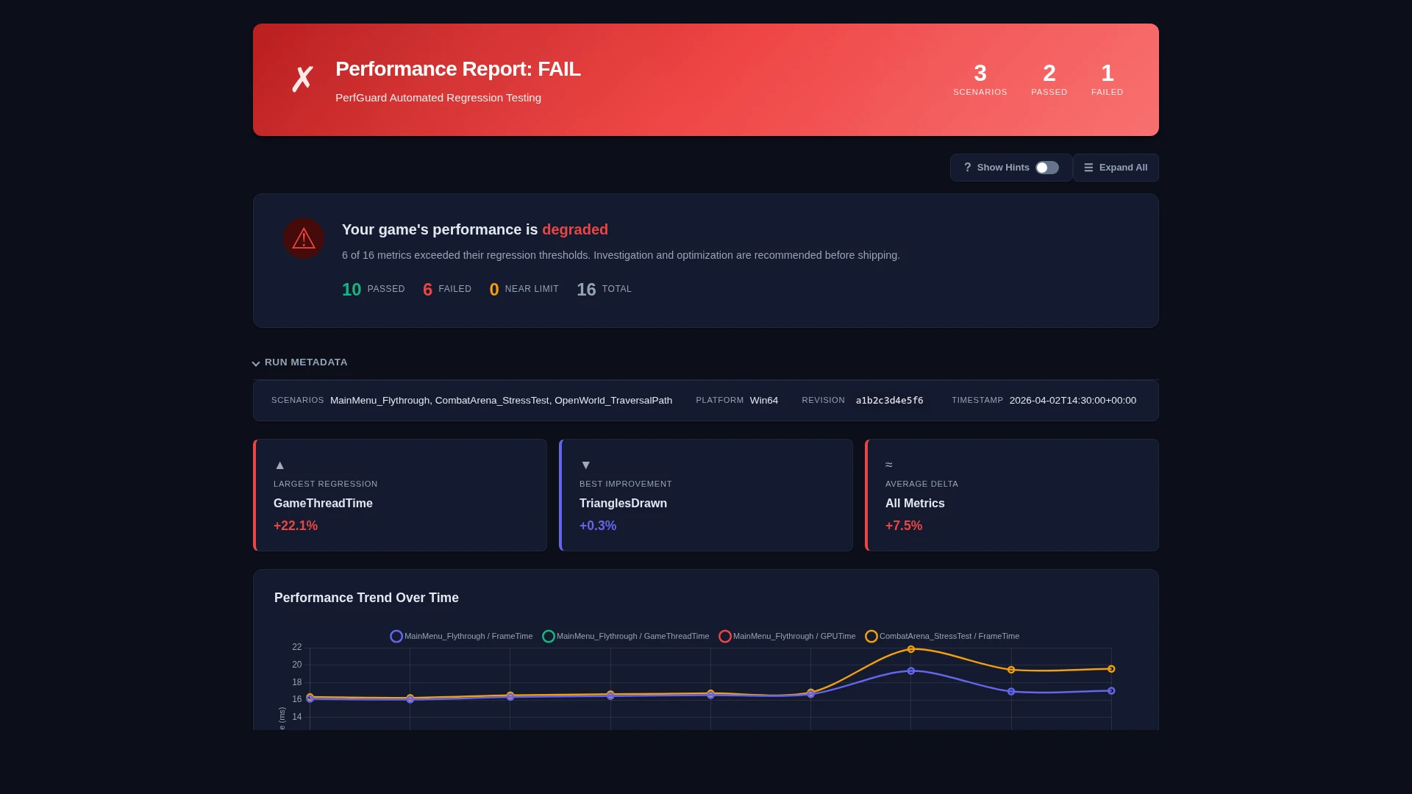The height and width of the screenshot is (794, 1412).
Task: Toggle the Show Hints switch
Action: [1046, 168]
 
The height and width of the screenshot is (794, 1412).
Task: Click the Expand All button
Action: [1116, 168]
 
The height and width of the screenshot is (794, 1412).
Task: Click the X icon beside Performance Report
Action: [302, 79]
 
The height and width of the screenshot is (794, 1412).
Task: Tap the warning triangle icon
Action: [304, 238]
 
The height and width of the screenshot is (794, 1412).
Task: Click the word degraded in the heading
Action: [575, 229]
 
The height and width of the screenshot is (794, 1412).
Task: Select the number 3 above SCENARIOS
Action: [980, 74]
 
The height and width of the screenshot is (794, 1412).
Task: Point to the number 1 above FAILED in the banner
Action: [1107, 74]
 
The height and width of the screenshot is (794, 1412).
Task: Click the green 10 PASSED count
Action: [352, 290]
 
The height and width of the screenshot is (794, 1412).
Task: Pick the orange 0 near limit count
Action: [494, 290]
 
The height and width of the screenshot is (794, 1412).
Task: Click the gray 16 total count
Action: [586, 290]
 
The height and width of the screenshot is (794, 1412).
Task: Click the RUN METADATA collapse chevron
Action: [256, 363]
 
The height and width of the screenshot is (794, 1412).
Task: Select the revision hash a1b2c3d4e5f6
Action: [889, 401]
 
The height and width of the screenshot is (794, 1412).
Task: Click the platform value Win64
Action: [763, 401]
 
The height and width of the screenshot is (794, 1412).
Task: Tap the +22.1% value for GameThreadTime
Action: [296, 526]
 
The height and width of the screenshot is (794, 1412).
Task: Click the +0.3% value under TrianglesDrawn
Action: [598, 526]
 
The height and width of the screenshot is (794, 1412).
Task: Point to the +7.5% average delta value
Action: [904, 526]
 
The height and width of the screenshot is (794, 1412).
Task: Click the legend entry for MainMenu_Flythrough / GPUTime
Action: [787, 636]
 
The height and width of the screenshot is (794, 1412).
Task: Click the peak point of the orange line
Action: [910, 649]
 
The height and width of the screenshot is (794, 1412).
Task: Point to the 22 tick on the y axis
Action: [297, 647]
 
